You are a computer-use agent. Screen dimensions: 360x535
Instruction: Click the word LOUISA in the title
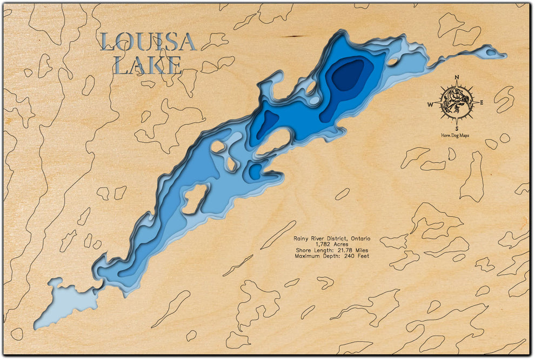148,42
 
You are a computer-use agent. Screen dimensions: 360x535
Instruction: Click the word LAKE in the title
148,65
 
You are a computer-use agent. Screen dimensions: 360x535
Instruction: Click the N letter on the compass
457,77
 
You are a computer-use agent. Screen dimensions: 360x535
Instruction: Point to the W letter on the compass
431,104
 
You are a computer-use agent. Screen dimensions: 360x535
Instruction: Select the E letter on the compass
481,102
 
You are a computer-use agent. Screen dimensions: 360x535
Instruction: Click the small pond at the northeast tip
491,52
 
